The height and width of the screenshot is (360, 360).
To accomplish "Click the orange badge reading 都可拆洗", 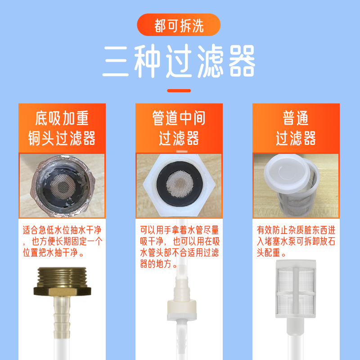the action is point(179,25).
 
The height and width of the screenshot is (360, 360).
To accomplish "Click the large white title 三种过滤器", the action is point(179,61).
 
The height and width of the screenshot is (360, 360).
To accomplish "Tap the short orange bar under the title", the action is point(179,90).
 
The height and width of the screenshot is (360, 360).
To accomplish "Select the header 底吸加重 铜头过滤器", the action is point(62,128).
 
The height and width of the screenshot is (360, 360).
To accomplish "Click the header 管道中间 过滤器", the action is point(179,128).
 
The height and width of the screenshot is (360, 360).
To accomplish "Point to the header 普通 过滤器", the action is point(296,128).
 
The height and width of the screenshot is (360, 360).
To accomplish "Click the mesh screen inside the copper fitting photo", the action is point(63,185).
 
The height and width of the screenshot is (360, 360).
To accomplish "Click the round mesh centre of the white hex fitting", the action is point(180,184).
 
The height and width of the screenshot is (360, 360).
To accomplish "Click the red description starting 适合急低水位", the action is point(62,241).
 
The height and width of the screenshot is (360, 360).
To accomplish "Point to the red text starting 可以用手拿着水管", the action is point(179,247).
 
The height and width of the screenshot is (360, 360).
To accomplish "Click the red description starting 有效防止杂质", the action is point(296,241).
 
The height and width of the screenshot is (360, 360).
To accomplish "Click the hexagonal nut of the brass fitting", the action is point(62,291).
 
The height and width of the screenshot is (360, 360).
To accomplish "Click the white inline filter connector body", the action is point(182,309).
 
